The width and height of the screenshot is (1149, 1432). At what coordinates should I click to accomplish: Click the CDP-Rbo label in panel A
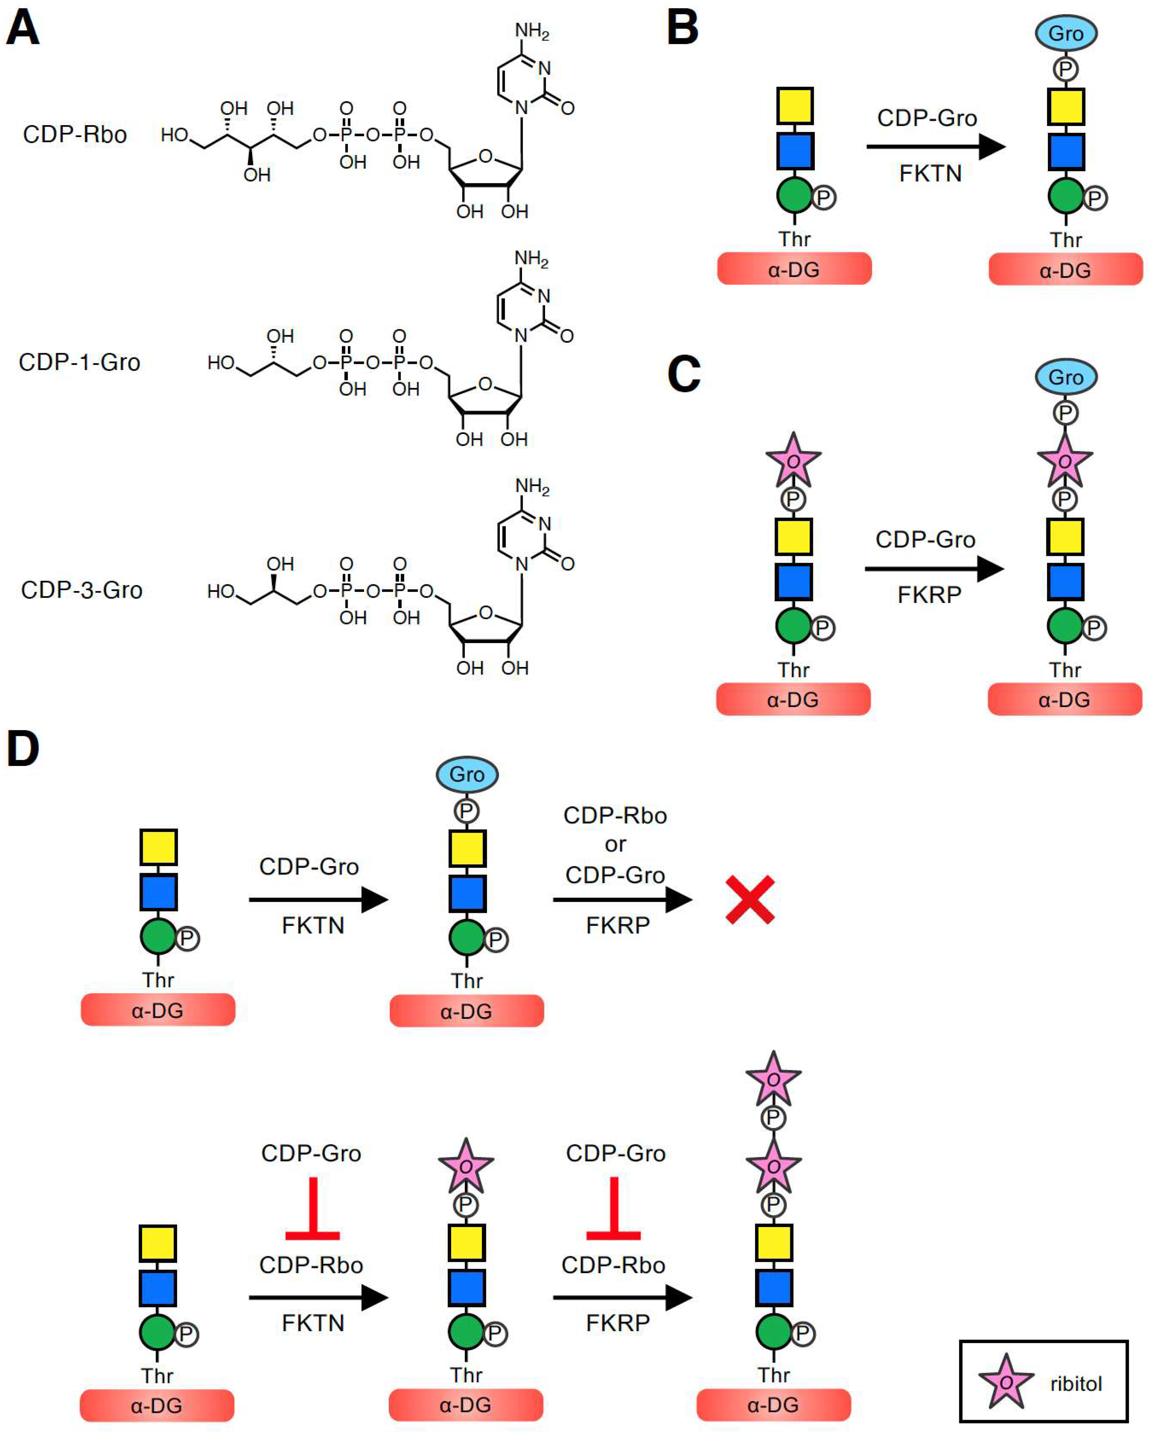74,135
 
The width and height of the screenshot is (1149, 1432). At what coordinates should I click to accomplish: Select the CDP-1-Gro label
79,363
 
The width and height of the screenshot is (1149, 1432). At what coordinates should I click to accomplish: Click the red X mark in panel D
750,900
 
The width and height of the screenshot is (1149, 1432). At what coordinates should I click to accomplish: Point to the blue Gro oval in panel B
1065,33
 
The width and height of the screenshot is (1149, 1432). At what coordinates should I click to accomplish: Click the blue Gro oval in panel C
1065,377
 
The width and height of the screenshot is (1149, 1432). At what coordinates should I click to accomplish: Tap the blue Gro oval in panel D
466,774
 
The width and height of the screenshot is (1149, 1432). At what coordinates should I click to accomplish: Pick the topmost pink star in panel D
773,1079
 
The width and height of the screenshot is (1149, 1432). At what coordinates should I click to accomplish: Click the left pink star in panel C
793,460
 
